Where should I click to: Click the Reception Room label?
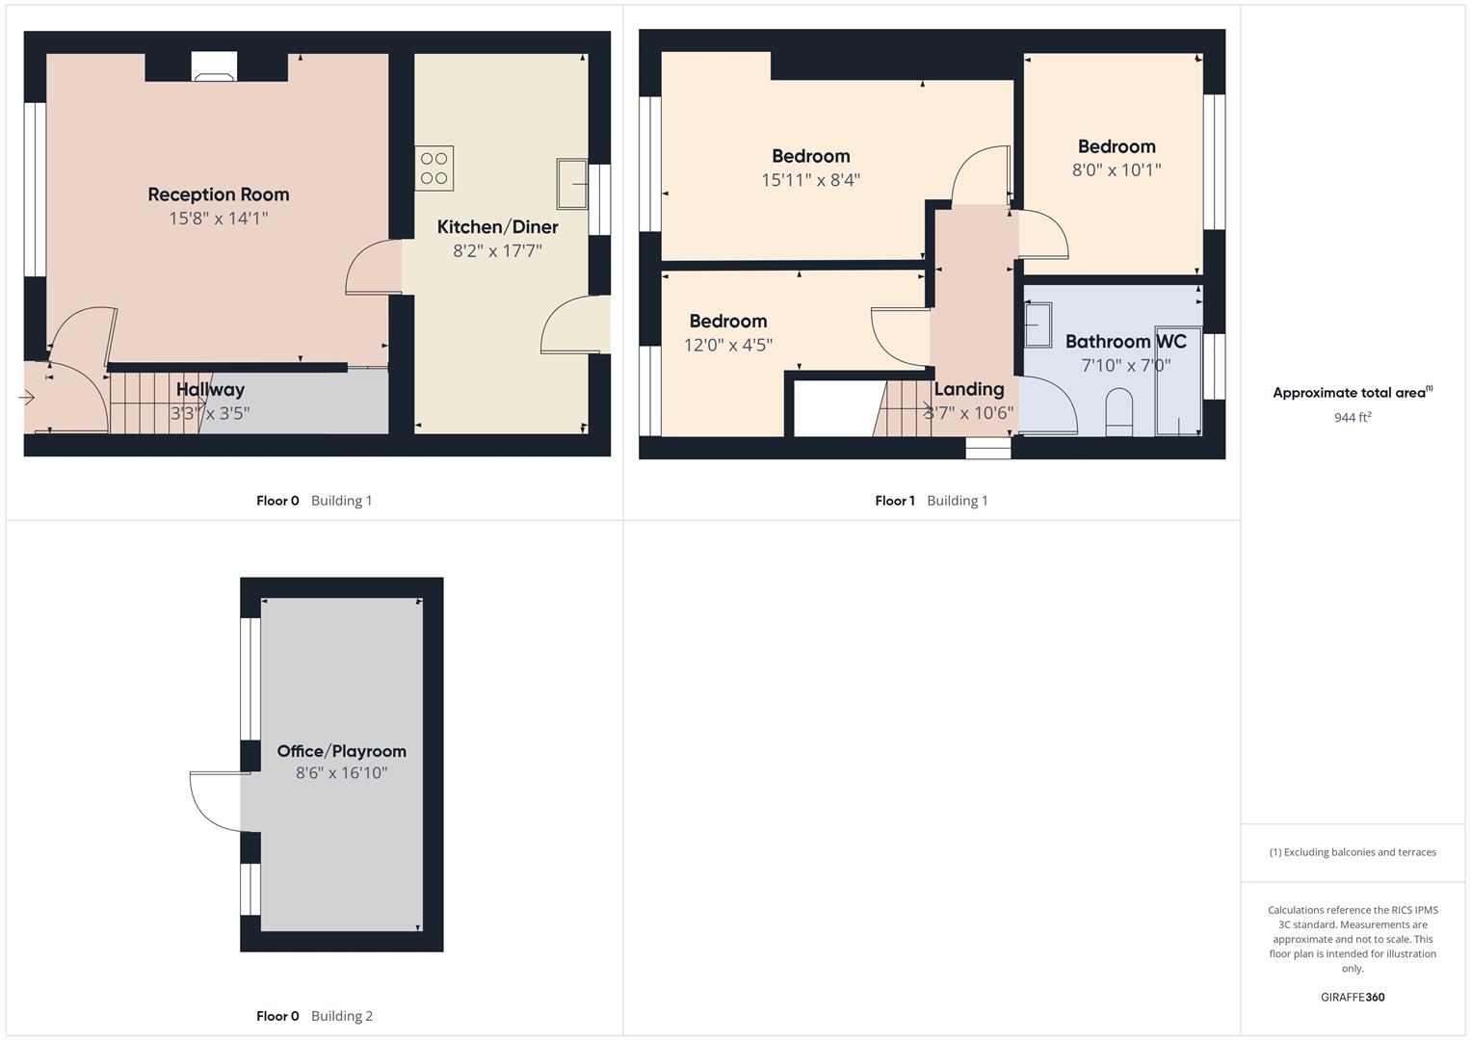(218, 195)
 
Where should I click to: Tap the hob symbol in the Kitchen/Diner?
(433, 169)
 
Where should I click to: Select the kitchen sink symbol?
(572, 183)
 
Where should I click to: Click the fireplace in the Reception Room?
(214, 67)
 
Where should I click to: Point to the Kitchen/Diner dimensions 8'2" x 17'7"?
(497, 251)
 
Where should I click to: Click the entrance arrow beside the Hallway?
(26, 397)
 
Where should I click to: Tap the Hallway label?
(210, 390)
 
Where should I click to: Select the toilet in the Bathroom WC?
(1118, 411)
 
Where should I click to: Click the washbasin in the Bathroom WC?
(1038, 325)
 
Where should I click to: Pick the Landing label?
(968, 389)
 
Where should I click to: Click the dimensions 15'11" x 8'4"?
(810, 180)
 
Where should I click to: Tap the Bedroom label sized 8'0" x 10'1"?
(1116, 146)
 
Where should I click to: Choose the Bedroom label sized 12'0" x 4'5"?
(727, 322)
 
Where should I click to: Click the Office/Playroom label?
(341, 751)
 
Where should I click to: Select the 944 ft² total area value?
(1352, 417)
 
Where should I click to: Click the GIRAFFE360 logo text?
(1352, 997)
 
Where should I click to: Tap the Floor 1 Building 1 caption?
(931, 501)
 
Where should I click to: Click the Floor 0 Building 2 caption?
(314, 1016)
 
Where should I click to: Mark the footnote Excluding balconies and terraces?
(1352, 852)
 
